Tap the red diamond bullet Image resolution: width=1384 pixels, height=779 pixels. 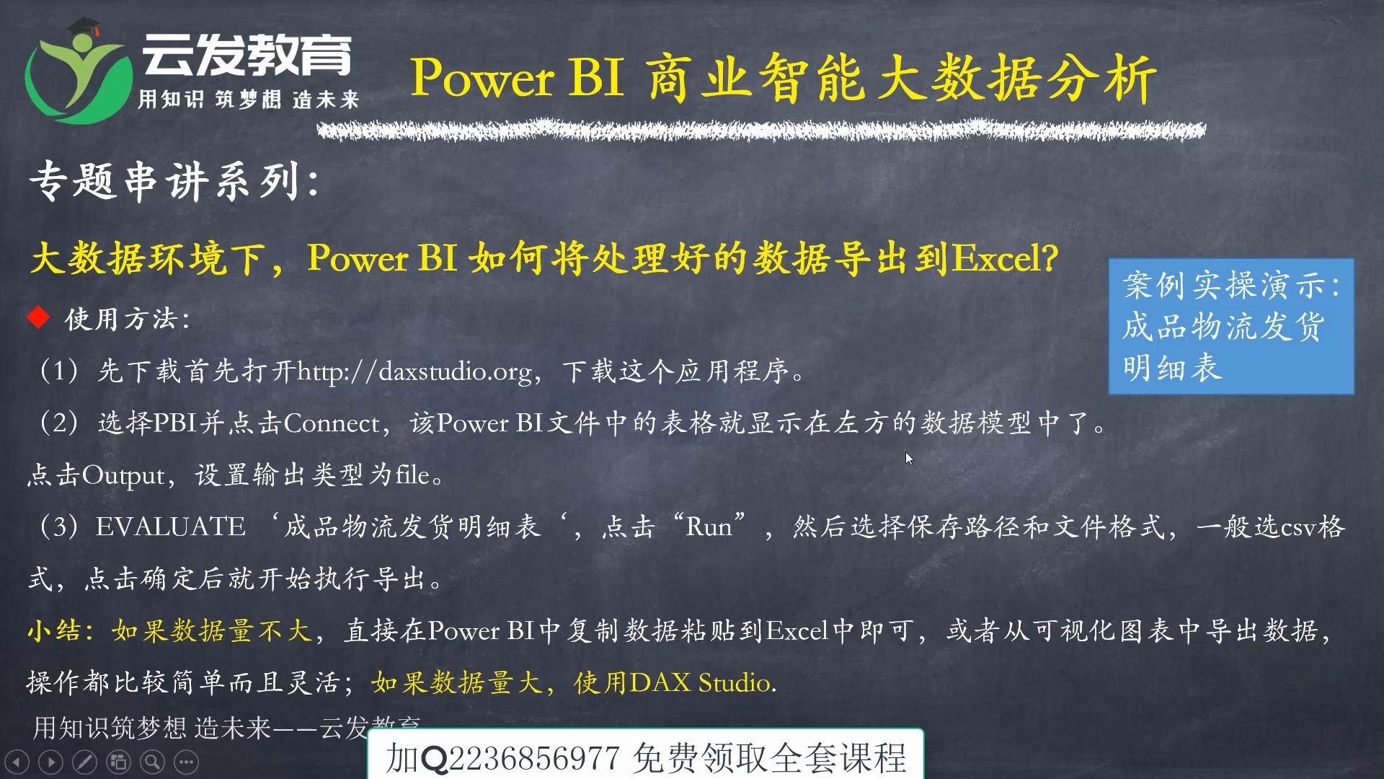pyautogui.click(x=38, y=317)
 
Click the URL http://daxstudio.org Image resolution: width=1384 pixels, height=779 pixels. pyautogui.click(x=414, y=371)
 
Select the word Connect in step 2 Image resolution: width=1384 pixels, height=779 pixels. pyautogui.click(x=331, y=423)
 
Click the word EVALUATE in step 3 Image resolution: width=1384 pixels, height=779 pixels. pyautogui.click(x=171, y=527)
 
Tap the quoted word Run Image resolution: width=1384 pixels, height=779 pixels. pyautogui.click(x=709, y=527)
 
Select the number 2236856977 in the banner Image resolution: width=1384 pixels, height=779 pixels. pyautogui.click(x=534, y=758)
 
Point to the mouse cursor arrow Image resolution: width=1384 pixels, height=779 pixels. pyautogui.click(x=909, y=458)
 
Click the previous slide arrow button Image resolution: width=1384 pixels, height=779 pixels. pyautogui.click(x=17, y=762)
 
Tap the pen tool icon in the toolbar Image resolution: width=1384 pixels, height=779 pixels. pyautogui.click(x=84, y=762)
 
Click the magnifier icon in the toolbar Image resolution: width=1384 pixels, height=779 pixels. pyautogui.click(x=152, y=762)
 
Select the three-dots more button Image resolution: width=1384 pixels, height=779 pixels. pyautogui.click(x=186, y=762)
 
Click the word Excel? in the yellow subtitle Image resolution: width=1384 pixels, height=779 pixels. pyautogui.click(x=1006, y=258)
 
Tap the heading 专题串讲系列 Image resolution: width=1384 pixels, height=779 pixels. pyautogui.click(x=164, y=181)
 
